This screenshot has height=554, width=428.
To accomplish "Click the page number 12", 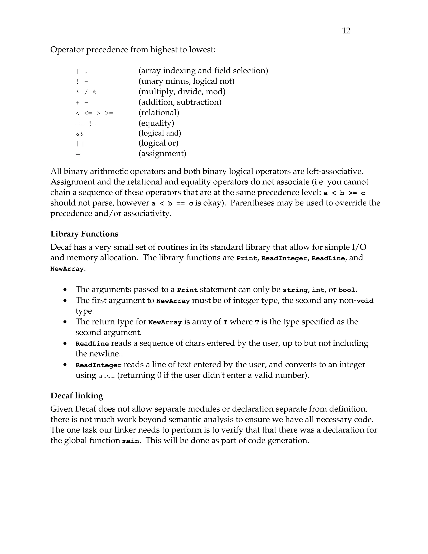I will (346, 31).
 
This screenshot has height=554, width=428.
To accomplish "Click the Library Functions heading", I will (84, 234).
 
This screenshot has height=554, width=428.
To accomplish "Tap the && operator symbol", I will (80, 134).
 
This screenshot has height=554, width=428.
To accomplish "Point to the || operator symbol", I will (80, 144).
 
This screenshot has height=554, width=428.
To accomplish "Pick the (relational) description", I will (159, 112).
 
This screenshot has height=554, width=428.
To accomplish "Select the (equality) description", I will (156, 123).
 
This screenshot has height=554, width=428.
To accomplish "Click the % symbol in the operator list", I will (94, 92).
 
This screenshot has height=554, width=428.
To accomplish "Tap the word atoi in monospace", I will (107, 376).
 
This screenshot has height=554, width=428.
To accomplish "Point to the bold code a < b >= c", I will (344, 193).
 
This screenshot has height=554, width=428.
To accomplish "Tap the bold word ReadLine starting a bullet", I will (92, 344).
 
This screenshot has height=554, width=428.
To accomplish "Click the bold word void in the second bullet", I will (365, 301).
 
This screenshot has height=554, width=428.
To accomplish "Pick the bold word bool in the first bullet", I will (347, 290).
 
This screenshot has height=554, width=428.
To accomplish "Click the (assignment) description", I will (162, 153).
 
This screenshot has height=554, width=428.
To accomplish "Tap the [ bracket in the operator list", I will (78, 71).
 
